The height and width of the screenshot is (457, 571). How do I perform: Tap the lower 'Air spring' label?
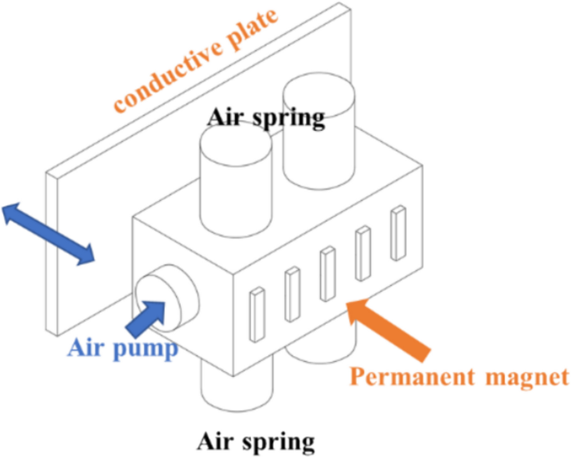[256, 439]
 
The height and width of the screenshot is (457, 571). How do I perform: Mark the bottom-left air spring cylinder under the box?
[237, 388]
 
